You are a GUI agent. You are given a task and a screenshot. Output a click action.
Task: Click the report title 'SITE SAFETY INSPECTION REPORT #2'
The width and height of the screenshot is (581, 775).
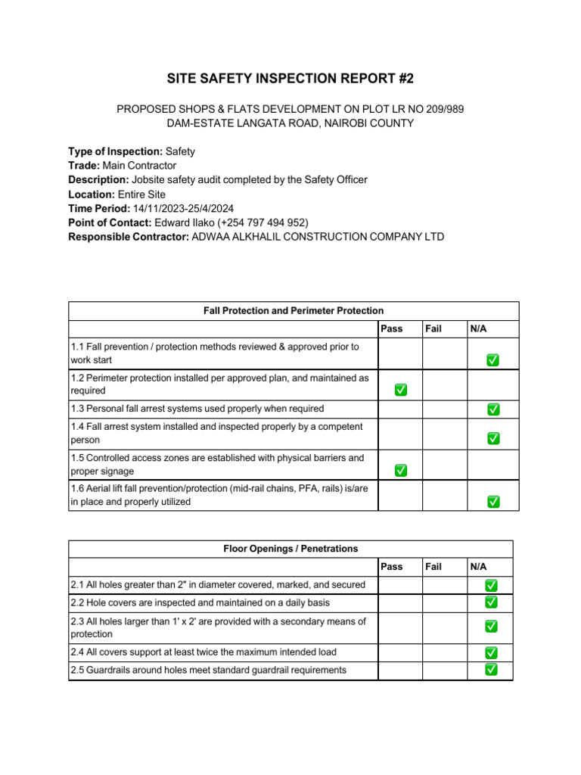point(290,79)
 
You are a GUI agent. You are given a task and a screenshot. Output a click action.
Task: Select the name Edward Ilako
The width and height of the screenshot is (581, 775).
point(184,223)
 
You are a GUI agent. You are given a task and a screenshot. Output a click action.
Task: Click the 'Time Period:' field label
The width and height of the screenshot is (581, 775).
point(98,208)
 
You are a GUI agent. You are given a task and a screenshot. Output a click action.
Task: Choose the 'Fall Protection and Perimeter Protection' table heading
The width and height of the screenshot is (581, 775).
point(294,311)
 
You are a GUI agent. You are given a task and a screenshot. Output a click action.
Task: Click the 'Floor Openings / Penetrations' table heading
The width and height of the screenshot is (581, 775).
point(290,549)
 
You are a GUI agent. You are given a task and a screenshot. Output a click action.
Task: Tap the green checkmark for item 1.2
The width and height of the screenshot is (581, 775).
point(400,390)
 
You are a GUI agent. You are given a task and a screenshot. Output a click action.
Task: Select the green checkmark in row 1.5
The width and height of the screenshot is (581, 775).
point(400,471)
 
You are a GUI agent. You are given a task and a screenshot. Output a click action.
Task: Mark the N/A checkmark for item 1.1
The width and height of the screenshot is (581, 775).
point(492,360)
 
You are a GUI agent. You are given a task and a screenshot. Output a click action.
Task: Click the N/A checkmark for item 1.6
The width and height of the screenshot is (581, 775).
point(492,501)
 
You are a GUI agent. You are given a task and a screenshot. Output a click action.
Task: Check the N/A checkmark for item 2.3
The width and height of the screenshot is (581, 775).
point(491,627)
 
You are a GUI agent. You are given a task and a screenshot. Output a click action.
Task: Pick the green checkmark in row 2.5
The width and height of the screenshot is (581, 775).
point(491,669)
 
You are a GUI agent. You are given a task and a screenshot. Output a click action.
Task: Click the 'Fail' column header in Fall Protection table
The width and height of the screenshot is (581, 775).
point(433,329)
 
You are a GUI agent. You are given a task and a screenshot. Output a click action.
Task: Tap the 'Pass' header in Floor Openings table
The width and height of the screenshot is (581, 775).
point(392,567)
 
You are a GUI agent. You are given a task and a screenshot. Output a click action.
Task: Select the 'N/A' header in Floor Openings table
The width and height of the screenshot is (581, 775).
point(479,567)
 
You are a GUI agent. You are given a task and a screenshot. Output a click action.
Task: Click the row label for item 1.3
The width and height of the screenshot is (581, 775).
point(197,409)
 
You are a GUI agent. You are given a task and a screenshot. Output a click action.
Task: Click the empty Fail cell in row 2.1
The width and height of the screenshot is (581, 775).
point(444,585)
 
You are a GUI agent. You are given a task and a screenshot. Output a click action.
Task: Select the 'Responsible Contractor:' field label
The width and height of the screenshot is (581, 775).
point(129,237)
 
